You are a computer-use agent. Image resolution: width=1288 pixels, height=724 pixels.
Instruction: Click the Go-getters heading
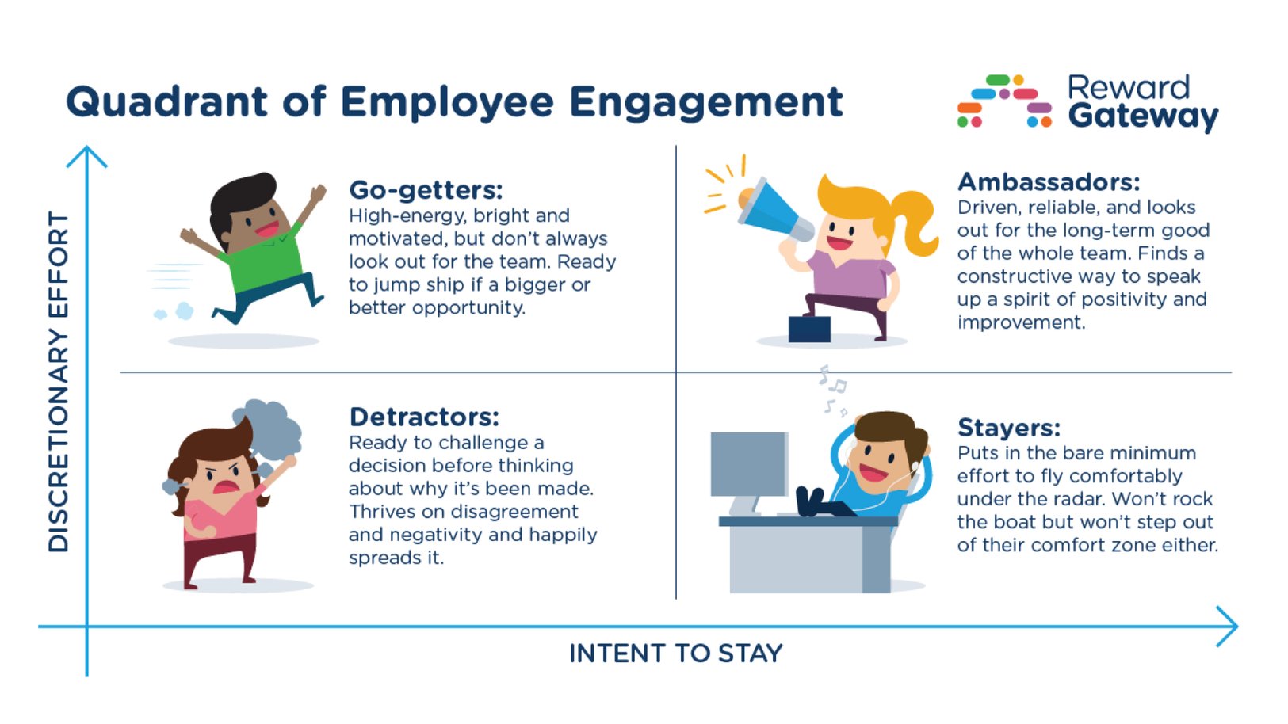pyautogui.click(x=426, y=190)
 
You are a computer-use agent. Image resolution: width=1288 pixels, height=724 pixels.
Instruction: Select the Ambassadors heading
pyautogui.click(x=1048, y=182)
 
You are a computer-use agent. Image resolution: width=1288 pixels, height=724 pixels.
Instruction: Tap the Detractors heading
pyautogui.click(x=424, y=417)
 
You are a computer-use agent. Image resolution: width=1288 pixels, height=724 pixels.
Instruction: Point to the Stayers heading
pyautogui.click(x=1008, y=428)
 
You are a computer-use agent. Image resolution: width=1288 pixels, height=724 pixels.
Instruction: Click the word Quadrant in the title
pyautogui.click(x=166, y=102)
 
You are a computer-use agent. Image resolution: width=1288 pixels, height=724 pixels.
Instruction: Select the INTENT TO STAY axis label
pyautogui.click(x=675, y=654)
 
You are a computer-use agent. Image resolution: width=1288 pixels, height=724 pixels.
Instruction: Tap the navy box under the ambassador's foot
pyautogui.click(x=809, y=329)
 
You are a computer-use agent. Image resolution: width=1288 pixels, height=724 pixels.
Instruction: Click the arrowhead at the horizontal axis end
pyautogui.click(x=1229, y=627)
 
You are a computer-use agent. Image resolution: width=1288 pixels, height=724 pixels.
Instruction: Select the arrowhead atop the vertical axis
pyautogui.click(x=86, y=155)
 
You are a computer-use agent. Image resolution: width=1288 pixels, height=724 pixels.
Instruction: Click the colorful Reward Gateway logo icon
pyautogui.click(x=1004, y=101)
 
